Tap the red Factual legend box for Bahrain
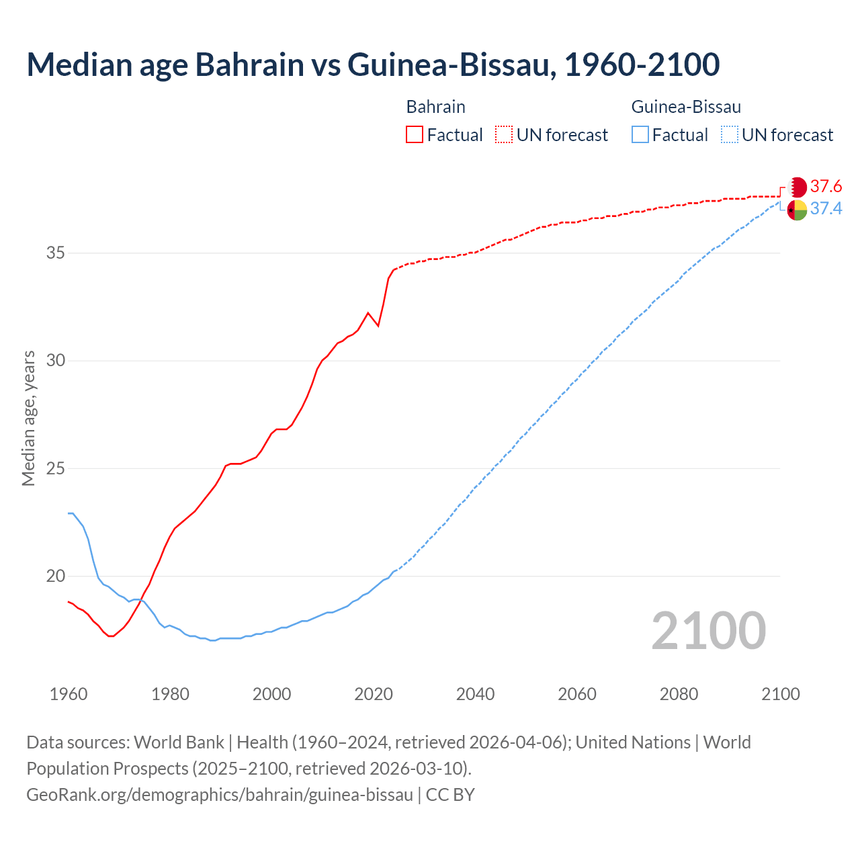click(x=415, y=135)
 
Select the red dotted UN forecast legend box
click(x=504, y=135)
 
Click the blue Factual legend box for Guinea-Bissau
click(x=640, y=135)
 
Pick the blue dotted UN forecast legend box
click(x=729, y=135)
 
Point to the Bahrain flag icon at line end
click(x=797, y=187)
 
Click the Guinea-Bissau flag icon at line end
click(x=797, y=210)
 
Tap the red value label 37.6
click(x=826, y=186)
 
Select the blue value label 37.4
click(x=826, y=209)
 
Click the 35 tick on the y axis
click(x=56, y=253)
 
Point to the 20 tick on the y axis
click(x=56, y=576)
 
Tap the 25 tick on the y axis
click(x=56, y=468)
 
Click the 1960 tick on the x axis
click(x=69, y=694)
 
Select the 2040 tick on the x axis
click(x=475, y=694)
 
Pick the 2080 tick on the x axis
click(x=679, y=694)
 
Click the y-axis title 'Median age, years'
click(x=28, y=418)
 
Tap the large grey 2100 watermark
click(x=708, y=630)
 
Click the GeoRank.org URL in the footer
click(x=220, y=795)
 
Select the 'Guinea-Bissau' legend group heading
click(x=686, y=107)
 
